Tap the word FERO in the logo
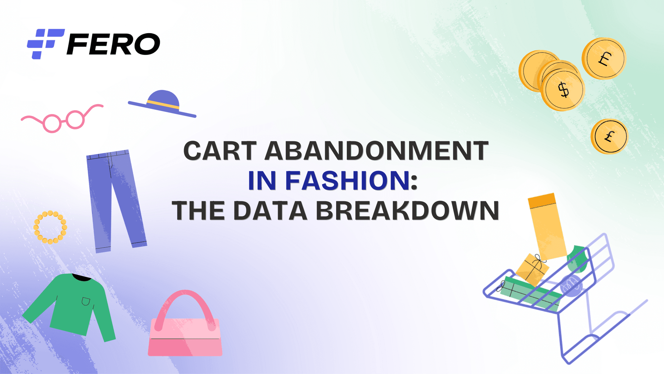point(113,44)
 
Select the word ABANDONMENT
point(376,150)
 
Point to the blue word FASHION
point(347,180)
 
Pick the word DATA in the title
point(270,211)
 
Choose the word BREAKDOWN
point(408,211)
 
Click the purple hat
point(162,104)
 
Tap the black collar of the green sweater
point(82,278)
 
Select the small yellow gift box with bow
point(532,270)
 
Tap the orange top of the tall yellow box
point(542,200)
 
